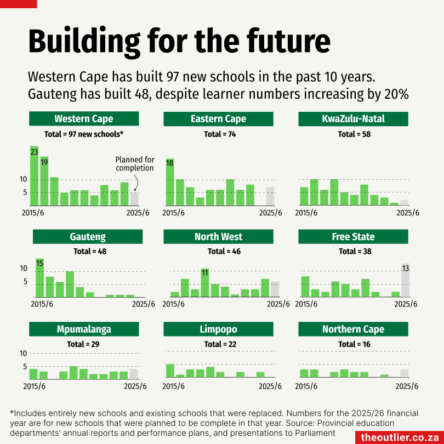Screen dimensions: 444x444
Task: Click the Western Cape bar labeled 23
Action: pyautogui.click(x=34, y=175)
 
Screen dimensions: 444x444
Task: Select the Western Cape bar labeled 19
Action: pyautogui.click(x=44, y=181)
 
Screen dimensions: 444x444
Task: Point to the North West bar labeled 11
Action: pyautogui.click(x=205, y=283)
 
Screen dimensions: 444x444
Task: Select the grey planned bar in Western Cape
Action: pyautogui.click(x=134, y=199)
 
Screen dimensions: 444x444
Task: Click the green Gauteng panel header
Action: pyautogui.click(x=88, y=237)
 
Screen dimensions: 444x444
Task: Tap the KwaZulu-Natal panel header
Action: pyautogui.click(x=354, y=119)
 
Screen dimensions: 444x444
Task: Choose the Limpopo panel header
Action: pyautogui.click(x=218, y=329)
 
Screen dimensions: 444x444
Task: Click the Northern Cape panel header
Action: pyautogui.click(x=354, y=329)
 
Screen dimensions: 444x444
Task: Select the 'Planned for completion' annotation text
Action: pyautogui.click(x=135, y=164)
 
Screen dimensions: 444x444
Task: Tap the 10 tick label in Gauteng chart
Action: pyautogui.click(x=24, y=268)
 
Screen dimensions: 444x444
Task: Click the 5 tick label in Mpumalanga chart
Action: pyautogui.click(x=24, y=367)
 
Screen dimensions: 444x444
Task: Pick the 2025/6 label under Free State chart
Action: pyautogui.click(x=406, y=304)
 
